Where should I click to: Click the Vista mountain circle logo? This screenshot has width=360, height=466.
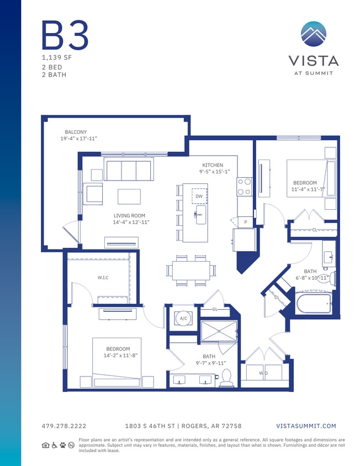(x=313, y=34)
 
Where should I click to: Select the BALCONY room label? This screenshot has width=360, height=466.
(x=76, y=132)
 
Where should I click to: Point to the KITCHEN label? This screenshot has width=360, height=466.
(x=213, y=165)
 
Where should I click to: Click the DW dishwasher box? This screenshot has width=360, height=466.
(x=199, y=196)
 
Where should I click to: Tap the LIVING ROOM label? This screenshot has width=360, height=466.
(x=129, y=216)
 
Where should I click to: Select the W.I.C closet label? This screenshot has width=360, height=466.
(x=103, y=278)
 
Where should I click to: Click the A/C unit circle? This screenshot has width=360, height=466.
(x=183, y=319)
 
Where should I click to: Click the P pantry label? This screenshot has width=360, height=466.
(x=245, y=221)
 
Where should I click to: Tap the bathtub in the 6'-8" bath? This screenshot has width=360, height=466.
(x=313, y=303)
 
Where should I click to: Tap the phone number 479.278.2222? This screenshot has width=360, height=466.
(x=64, y=426)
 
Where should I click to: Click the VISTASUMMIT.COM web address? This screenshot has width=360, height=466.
(x=306, y=426)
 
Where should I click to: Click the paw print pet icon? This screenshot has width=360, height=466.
(x=62, y=444)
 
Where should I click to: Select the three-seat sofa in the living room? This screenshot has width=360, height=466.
(x=129, y=170)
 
